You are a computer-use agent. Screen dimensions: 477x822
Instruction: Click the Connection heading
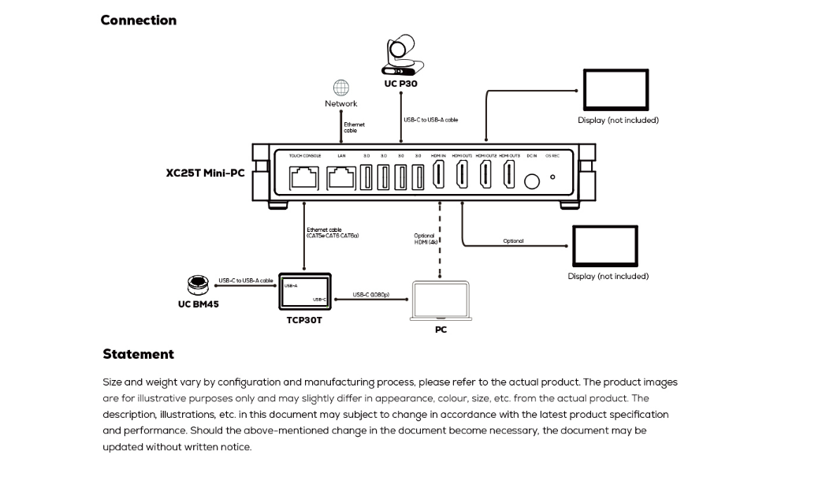point(139,20)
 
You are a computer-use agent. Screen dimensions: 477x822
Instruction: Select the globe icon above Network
point(340,88)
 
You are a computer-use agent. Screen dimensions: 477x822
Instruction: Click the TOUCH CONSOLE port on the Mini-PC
point(305,179)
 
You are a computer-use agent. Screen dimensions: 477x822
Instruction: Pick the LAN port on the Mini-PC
point(341,179)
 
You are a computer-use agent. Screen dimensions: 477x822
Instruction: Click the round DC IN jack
point(532,181)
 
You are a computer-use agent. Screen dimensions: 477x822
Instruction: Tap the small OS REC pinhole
point(552,177)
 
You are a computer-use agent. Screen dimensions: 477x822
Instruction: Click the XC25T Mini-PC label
point(205,173)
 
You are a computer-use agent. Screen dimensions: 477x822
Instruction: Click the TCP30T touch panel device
point(303,293)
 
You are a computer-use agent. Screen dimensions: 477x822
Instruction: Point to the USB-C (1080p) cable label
point(374,296)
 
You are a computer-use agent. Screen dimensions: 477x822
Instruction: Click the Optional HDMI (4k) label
point(425,238)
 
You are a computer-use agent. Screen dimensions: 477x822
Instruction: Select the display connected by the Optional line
point(604,246)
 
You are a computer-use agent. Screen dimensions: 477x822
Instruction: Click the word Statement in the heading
point(138,354)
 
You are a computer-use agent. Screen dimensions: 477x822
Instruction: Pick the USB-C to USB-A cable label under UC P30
point(430,120)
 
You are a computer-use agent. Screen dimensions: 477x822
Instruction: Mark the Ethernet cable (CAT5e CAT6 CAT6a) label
point(333,233)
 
